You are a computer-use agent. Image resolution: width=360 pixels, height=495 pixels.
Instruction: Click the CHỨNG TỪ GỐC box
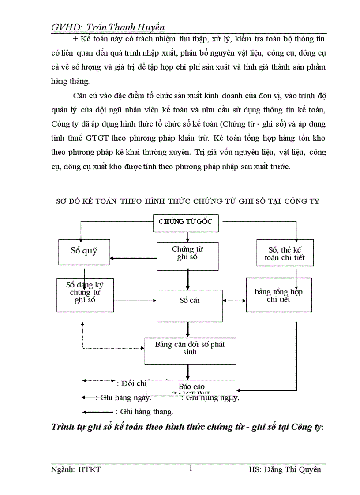click(185, 221)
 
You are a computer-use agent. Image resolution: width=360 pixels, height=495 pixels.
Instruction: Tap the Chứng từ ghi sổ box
click(187, 256)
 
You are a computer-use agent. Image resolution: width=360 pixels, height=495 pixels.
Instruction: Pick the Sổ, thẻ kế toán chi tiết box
click(285, 253)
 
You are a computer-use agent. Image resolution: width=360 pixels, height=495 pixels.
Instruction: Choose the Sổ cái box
click(190, 305)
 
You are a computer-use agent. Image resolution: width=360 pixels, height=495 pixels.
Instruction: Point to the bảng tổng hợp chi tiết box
click(278, 295)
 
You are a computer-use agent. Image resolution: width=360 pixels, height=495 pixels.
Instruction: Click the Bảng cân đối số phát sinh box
click(190, 351)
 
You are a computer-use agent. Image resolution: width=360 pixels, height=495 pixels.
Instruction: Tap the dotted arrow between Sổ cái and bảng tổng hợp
click(234, 301)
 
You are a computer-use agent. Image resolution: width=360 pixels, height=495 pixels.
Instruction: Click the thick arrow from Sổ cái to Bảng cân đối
click(188, 329)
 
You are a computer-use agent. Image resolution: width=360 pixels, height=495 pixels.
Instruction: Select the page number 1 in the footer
click(190, 469)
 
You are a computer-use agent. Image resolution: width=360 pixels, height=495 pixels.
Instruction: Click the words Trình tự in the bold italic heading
click(68, 427)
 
